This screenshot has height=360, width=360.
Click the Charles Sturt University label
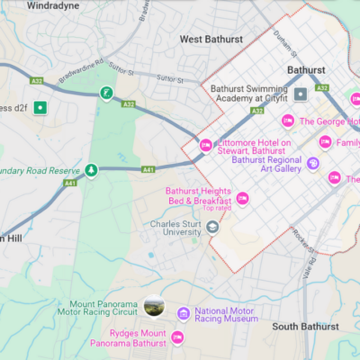point(175,226)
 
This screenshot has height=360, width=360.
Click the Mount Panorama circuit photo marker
point(154,309)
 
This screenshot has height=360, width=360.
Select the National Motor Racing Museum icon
point(184,313)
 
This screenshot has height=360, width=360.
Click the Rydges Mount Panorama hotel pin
point(177,337)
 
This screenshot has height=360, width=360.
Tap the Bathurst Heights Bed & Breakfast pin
point(242,198)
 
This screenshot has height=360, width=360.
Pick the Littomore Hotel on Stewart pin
point(204,144)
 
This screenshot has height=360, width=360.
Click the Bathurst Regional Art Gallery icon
point(312,164)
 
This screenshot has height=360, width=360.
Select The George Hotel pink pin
point(288,121)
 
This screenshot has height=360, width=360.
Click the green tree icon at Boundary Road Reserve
point(91,169)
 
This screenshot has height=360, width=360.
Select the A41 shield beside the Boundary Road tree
point(70,184)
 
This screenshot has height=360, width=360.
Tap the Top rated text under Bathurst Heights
point(217,209)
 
